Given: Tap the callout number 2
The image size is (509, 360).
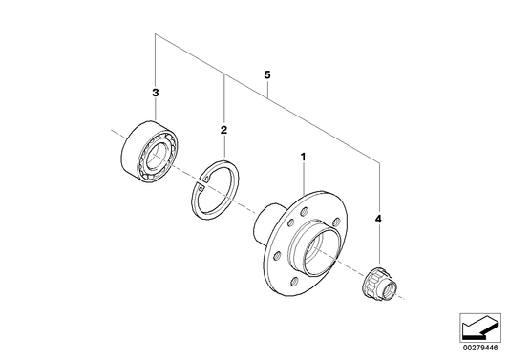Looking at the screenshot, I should pyautogui.click(x=223, y=129).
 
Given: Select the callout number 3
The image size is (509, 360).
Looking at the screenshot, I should pyautogui.click(x=154, y=93).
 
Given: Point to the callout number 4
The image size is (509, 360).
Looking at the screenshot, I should pyautogui.click(x=379, y=220).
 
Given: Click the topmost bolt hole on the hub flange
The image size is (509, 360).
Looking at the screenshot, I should pyautogui.click(x=308, y=203).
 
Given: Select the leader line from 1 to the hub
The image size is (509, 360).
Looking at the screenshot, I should pyautogui.click(x=303, y=177).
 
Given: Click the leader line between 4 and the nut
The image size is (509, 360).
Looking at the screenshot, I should pyautogui.click(x=379, y=245).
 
